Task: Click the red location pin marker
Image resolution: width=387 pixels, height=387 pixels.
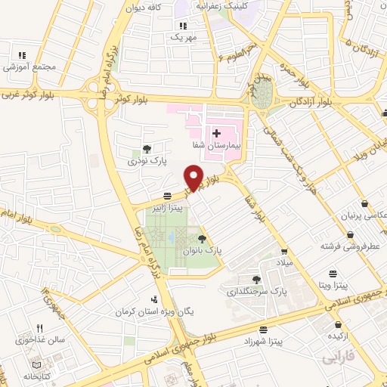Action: click(194, 177)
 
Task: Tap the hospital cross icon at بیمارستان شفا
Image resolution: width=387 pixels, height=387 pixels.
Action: click(216, 132)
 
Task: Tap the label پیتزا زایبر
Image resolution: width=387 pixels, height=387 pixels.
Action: click(186, 205)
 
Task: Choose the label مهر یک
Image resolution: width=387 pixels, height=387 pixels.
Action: click(183, 36)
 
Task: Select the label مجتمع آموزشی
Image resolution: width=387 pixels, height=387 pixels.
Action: click(31, 67)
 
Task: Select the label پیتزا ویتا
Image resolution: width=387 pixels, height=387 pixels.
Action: click(333, 286)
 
